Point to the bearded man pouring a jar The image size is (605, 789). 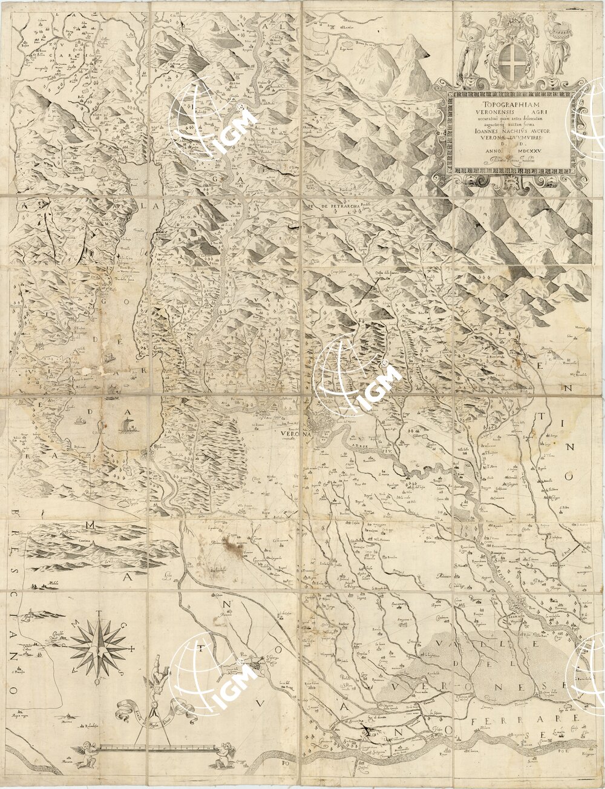click(470, 42)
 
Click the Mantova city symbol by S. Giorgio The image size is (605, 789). click(257, 665)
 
